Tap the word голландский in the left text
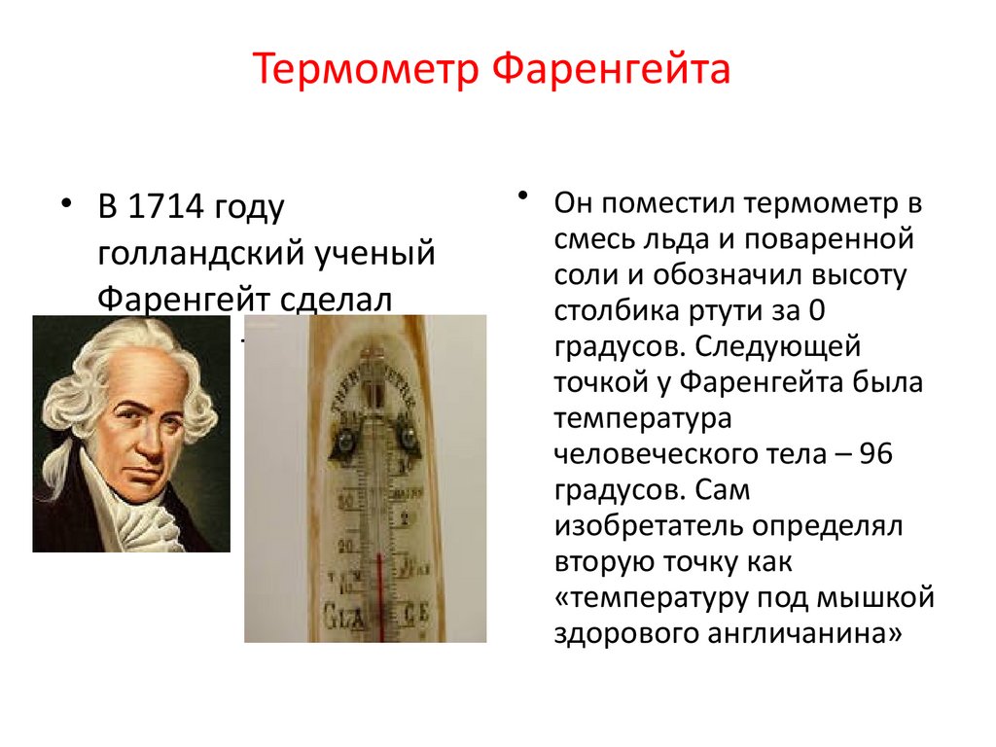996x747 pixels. (x=199, y=254)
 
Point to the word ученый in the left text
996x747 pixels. (x=373, y=254)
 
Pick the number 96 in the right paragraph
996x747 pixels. (x=871, y=454)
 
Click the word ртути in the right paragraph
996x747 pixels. (x=730, y=312)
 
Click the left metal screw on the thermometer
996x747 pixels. (x=346, y=442)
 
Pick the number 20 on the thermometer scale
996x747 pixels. (x=343, y=547)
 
